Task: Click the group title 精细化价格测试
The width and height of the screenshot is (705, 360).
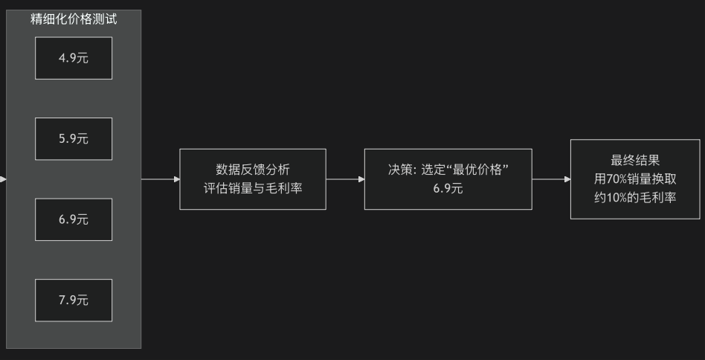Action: [x=74, y=19]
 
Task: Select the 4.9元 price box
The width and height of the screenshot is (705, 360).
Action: [x=74, y=58]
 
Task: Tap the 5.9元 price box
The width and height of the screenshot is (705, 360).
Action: [x=74, y=138]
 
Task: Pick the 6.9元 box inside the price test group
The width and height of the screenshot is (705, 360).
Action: [x=74, y=219]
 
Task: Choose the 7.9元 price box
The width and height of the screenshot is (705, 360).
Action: [x=74, y=300]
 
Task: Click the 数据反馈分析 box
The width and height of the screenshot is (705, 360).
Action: [x=253, y=179]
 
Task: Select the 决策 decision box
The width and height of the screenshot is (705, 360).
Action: [x=448, y=179]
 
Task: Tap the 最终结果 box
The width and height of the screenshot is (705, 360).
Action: [x=635, y=179]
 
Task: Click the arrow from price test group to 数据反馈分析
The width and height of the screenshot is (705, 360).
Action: [x=160, y=179]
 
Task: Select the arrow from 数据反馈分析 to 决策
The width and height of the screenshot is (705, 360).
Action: [x=345, y=179]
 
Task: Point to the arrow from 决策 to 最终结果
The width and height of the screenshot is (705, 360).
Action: [x=551, y=179]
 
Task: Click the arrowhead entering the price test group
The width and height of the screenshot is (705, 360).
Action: [x=3, y=179]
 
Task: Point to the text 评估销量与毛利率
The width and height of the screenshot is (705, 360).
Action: [x=253, y=188]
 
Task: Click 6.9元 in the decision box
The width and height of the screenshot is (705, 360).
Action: [x=448, y=189]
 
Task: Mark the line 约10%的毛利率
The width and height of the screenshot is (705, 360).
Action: [x=635, y=197]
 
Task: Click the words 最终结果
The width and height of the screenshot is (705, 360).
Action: [x=635, y=161]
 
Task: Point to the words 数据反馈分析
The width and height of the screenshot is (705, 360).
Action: [x=253, y=170]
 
